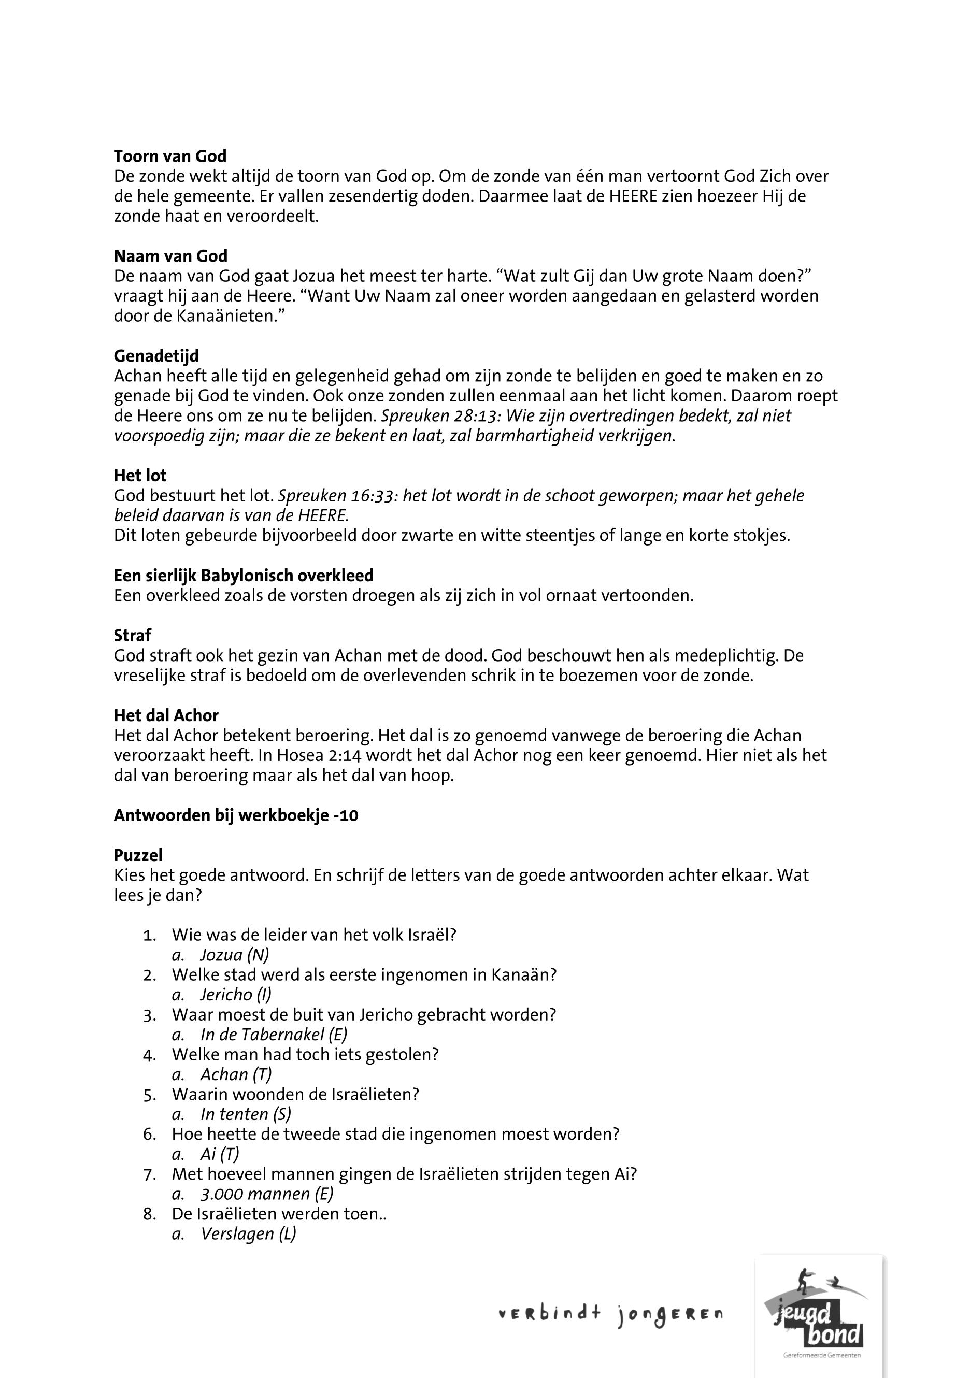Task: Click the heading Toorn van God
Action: (170, 156)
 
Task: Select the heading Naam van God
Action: (170, 256)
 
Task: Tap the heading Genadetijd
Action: (156, 356)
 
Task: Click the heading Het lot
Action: (140, 476)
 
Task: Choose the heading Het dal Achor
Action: (166, 715)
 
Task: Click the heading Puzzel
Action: (138, 855)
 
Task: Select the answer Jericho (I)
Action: (235, 995)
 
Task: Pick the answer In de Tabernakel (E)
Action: (274, 1034)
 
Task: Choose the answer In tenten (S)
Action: (246, 1114)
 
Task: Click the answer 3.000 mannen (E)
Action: (266, 1194)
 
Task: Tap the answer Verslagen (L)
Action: (248, 1233)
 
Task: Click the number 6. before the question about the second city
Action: (149, 1135)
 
